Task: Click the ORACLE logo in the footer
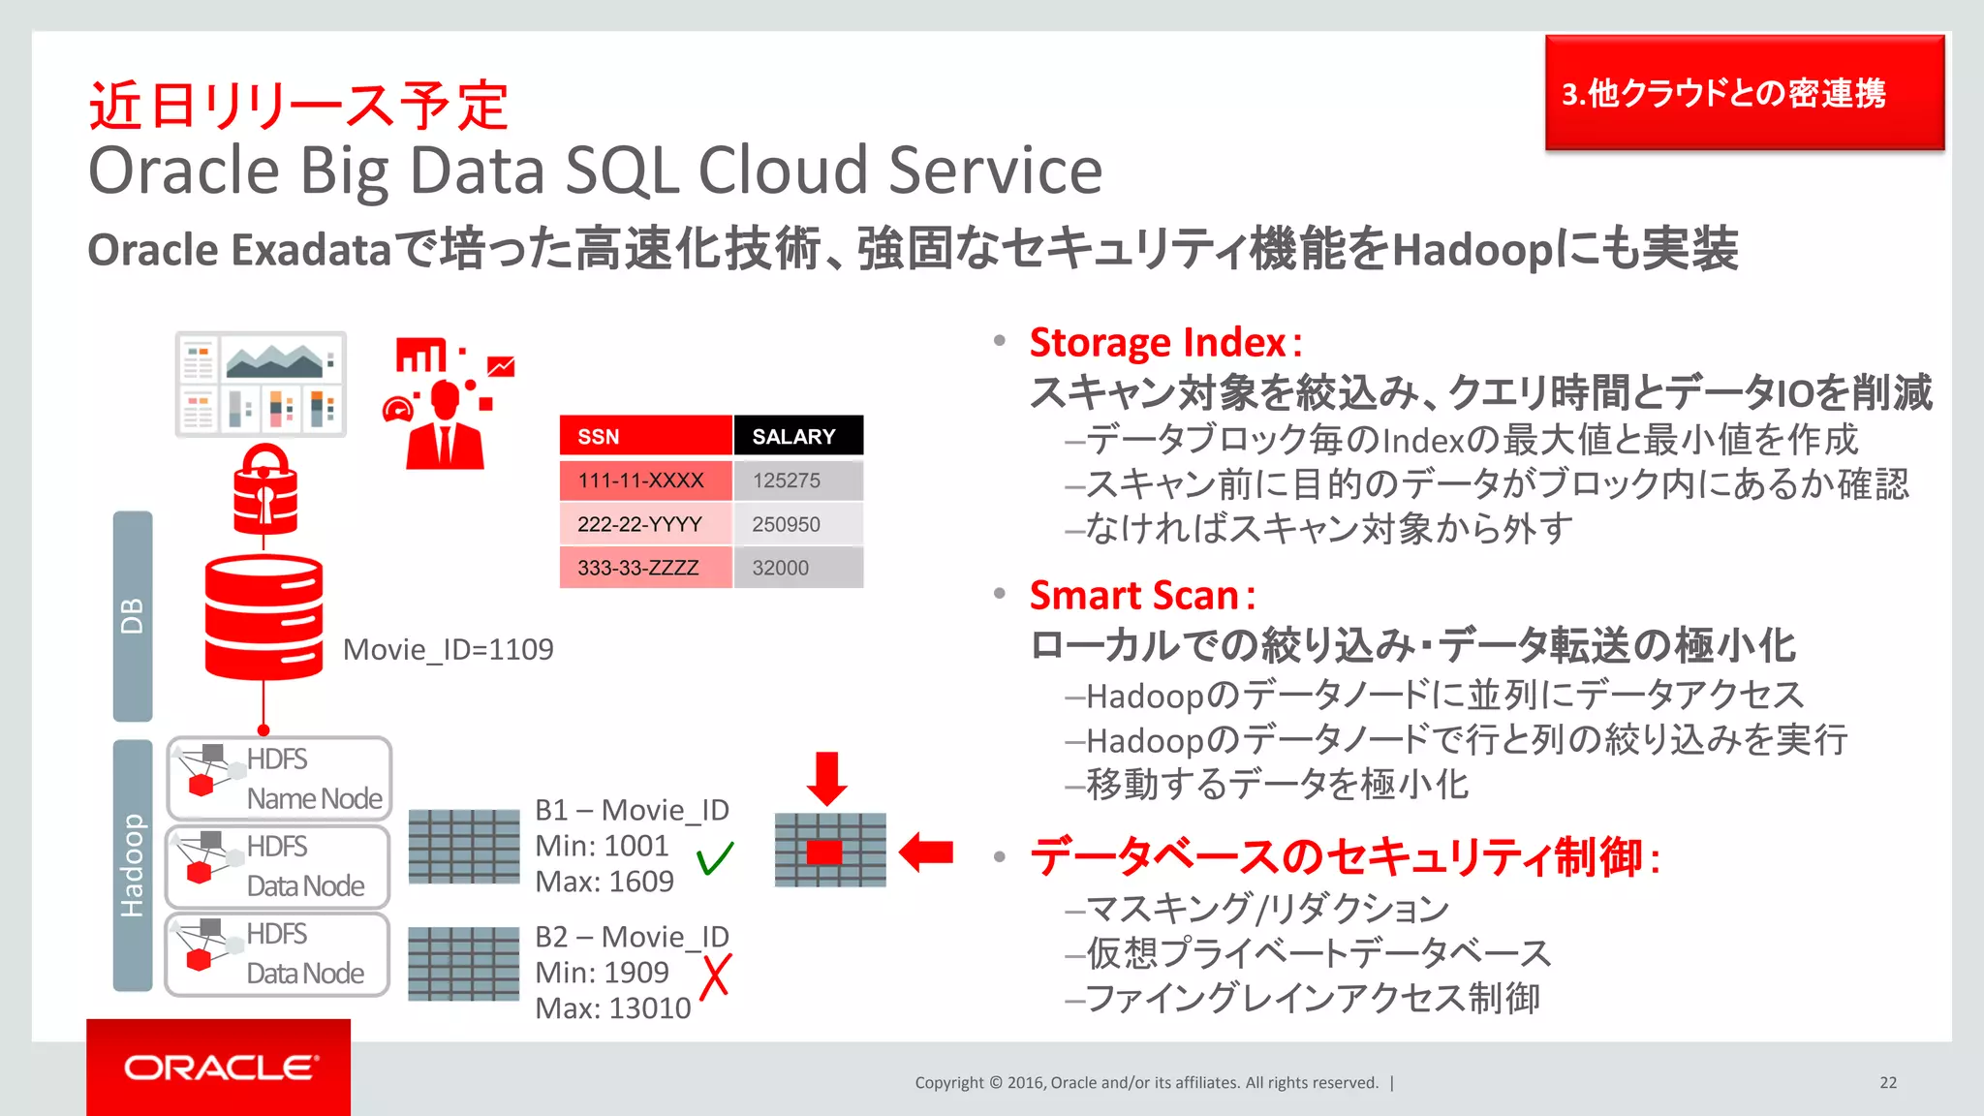(219, 1068)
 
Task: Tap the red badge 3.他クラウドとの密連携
(1744, 93)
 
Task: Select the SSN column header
(644, 436)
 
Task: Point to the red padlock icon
(264, 489)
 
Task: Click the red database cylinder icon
(263, 617)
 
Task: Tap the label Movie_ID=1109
(448, 649)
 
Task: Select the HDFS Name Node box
(279, 779)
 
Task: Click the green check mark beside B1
(715, 858)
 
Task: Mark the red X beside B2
(715, 976)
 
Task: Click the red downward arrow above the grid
(826, 778)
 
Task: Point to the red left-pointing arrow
(926, 852)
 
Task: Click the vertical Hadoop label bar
(133, 865)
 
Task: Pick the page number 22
(1888, 1083)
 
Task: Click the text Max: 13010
(613, 1008)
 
